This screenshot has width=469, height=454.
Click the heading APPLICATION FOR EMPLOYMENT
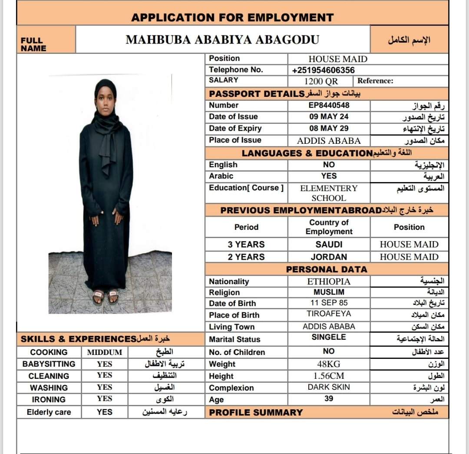click(x=232, y=18)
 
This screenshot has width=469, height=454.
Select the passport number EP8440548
click(x=329, y=105)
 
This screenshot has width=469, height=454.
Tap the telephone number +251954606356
click(x=323, y=70)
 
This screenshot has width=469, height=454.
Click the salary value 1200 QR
click(x=321, y=81)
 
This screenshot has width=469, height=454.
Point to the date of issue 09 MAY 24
click(x=329, y=117)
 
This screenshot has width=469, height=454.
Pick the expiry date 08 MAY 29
click(x=329, y=129)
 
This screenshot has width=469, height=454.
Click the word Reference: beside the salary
click(x=375, y=81)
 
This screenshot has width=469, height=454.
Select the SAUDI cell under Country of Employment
click(x=329, y=245)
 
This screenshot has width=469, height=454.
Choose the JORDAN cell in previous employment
click(x=329, y=257)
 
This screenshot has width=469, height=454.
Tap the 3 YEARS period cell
click(x=246, y=245)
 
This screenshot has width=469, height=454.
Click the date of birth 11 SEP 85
click(x=329, y=303)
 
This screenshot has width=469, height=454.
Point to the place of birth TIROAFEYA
click(x=329, y=314)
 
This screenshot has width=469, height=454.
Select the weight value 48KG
click(x=329, y=364)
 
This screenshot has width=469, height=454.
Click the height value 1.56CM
click(x=329, y=376)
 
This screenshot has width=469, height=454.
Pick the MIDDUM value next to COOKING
click(x=105, y=352)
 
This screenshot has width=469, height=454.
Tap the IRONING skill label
click(x=49, y=399)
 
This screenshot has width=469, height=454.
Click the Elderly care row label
click(x=49, y=412)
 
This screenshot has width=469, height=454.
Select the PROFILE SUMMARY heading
click(x=256, y=413)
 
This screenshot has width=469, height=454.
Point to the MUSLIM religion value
click(x=329, y=292)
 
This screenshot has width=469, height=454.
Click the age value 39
click(x=329, y=398)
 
